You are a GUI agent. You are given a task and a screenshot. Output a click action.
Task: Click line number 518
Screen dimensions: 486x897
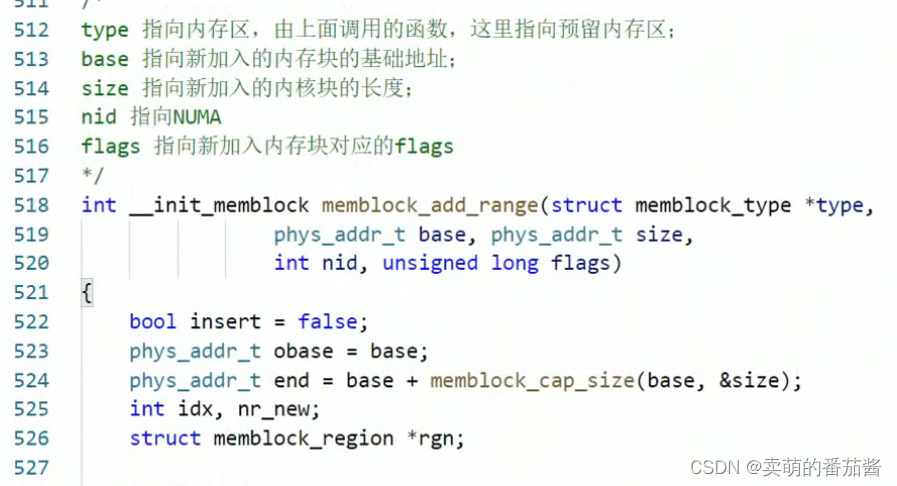click(31, 206)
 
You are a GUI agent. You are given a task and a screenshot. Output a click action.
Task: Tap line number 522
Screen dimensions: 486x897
click(31, 322)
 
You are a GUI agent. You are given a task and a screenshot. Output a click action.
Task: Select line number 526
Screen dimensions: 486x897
click(31, 438)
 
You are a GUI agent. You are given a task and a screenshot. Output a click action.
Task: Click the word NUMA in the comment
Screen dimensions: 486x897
click(197, 118)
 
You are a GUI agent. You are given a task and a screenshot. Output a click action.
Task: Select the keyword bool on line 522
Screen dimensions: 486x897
click(153, 322)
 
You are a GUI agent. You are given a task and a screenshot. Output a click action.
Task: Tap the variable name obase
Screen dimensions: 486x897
click(304, 352)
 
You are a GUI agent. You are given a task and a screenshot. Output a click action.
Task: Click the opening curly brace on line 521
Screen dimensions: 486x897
click(87, 293)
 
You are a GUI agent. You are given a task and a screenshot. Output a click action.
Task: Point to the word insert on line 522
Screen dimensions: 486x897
click(225, 322)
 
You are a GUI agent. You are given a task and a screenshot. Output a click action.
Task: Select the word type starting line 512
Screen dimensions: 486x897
click(105, 31)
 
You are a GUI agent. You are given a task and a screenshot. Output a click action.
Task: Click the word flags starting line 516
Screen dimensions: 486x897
click(111, 147)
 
